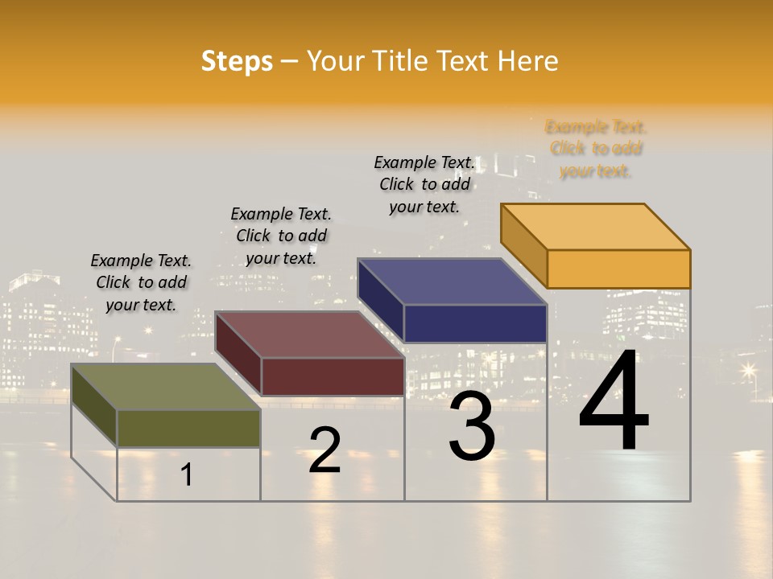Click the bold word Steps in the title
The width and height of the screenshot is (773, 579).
click(x=237, y=61)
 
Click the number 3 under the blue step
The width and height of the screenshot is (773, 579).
click(x=472, y=426)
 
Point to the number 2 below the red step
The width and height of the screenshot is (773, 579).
click(x=324, y=450)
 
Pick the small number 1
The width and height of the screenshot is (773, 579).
click(x=187, y=474)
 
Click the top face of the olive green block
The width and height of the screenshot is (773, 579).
click(x=166, y=387)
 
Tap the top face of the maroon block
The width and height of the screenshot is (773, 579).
click(x=310, y=335)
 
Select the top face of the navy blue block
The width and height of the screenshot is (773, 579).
click(x=453, y=281)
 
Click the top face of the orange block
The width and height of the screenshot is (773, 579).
click(x=596, y=227)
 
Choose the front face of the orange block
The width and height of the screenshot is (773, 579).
click(x=618, y=269)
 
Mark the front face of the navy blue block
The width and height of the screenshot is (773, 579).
click(x=475, y=323)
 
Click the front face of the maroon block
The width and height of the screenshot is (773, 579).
click(x=333, y=376)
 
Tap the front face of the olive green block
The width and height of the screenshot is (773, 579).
click(x=188, y=428)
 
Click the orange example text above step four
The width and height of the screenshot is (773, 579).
click(x=596, y=149)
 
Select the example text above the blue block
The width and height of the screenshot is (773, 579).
click(x=424, y=184)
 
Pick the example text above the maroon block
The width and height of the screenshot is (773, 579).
click(x=281, y=236)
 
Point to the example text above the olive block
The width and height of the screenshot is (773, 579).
click(x=141, y=282)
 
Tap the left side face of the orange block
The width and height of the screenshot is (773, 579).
click(x=523, y=244)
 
